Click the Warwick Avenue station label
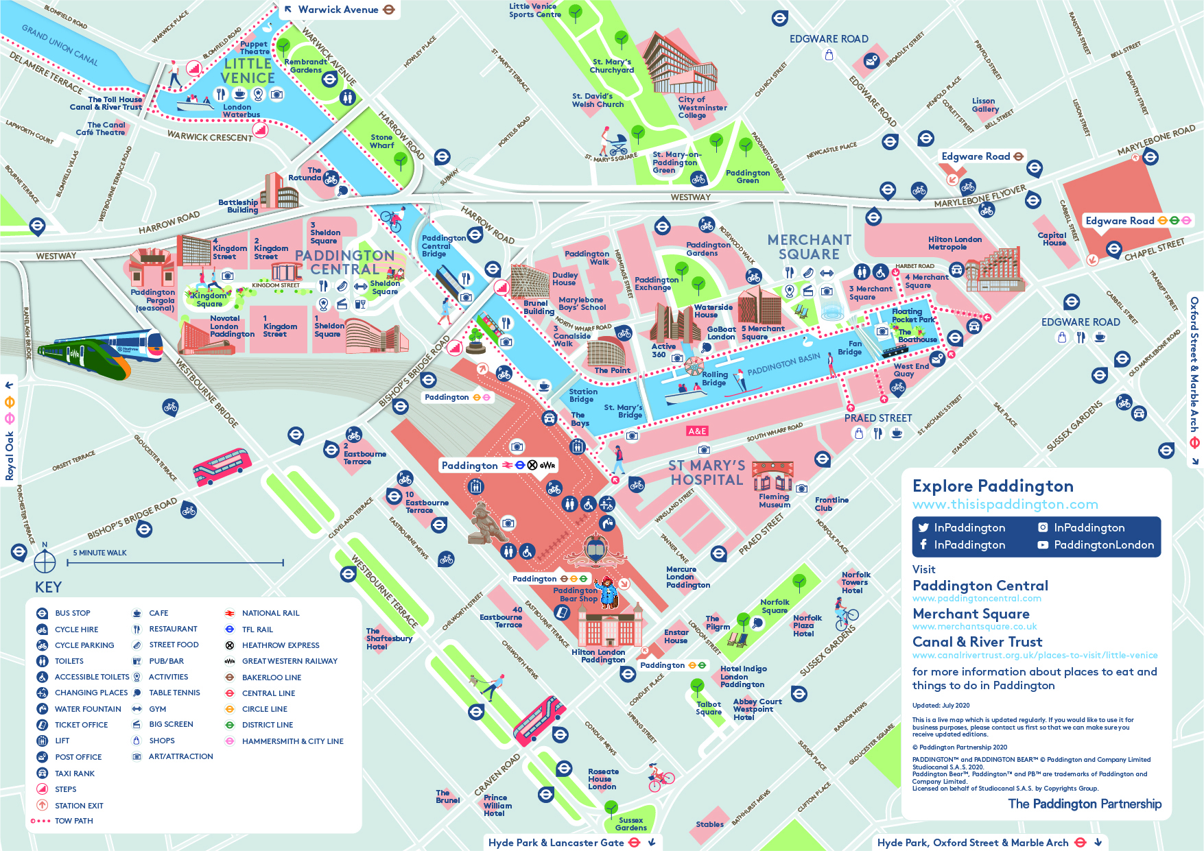pyautogui.click(x=338, y=10)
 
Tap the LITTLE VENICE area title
pyautogui.click(x=248, y=71)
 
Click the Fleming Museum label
pyautogui.click(x=774, y=501)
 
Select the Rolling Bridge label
pyautogui.click(x=714, y=379)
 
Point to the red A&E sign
pyautogui.click(x=697, y=431)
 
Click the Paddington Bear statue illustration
pyautogui.click(x=486, y=523)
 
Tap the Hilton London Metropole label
pyautogui.click(x=954, y=243)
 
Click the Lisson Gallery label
pyautogui.click(x=984, y=105)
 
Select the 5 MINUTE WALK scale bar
pyautogui.click(x=175, y=563)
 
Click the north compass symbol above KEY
pyautogui.click(x=45, y=560)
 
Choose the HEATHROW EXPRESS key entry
pyautogui.click(x=281, y=645)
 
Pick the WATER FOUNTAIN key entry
pyautogui.click(x=88, y=709)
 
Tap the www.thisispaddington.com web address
pyautogui.click(x=1004, y=505)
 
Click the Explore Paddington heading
pyautogui.click(x=992, y=486)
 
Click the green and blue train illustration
pyautogui.click(x=103, y=353)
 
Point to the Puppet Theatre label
pyautogui.click(x=255, y=48)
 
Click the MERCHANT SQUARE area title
pyautogui.click(x=809, y=247)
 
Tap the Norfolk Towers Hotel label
pyautogui.click(x=855, y=582)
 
